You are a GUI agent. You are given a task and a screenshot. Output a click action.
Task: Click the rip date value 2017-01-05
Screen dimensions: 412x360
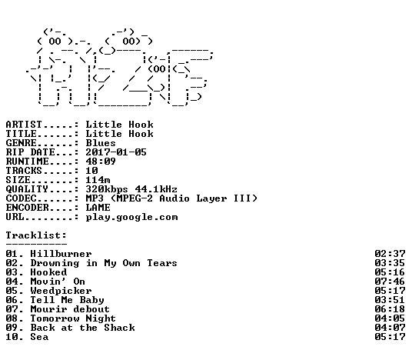(x=116, y=152)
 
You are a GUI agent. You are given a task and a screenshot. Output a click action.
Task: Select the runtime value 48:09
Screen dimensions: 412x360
(x=101, y=162)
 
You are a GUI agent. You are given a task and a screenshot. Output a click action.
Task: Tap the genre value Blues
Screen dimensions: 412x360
(x=101, y=143)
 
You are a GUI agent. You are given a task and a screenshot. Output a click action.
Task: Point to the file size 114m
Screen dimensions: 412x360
(x=98, y=180)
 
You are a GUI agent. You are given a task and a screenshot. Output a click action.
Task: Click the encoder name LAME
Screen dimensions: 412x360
(x=98, y=208)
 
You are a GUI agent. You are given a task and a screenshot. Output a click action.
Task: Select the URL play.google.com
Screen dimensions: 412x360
(x=131, y=218)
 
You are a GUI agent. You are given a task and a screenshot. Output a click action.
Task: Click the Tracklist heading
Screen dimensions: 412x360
(x=36, y=235)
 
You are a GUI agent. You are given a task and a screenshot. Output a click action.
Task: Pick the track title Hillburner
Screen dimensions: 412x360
(x=61, y=254)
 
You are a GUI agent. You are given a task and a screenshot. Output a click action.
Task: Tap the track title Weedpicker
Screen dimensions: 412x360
(x=61, y=291)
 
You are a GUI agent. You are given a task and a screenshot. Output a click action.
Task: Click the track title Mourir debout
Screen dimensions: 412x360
(x=70, y=309)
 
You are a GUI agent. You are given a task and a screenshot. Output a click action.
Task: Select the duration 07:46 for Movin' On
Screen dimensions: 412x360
(x=390, y=282)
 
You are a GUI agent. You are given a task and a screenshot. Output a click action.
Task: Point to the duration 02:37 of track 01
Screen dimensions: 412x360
(x=390, y=254)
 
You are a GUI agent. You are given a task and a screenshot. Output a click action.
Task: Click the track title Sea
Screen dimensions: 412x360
(x=39, y=337)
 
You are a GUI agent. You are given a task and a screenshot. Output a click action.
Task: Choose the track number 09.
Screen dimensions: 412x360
(x=12, y=328)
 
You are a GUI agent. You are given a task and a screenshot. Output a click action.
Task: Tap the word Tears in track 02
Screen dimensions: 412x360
(x=162, y=263)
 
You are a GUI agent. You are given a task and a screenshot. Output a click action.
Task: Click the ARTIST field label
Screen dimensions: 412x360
(x=24, y=125)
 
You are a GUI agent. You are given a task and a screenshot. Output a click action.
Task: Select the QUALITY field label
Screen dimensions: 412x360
(x=27, y=189)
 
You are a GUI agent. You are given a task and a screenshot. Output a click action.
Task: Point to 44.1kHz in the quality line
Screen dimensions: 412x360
(x=156, y=189)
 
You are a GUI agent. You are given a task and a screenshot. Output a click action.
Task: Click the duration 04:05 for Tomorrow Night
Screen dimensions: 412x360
(x=390, y=318)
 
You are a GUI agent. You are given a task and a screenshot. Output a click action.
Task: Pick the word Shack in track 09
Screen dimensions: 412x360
(x=119, y=328)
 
